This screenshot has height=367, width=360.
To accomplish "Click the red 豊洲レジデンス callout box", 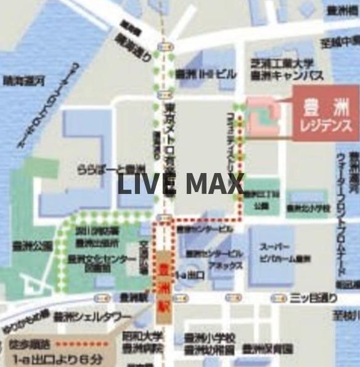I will pyautogui.click(x=325, y=114).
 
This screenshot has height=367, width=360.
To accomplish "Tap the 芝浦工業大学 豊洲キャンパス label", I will pyautogui.click(x=282, y=69).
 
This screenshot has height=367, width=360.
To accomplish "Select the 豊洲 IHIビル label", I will pyautogui.click(x=205, y=74).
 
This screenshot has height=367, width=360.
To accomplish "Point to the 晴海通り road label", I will pyautogui.click(x=133, y=46).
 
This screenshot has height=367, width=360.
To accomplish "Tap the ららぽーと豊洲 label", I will pyautogui.click(x=111, y=169).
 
